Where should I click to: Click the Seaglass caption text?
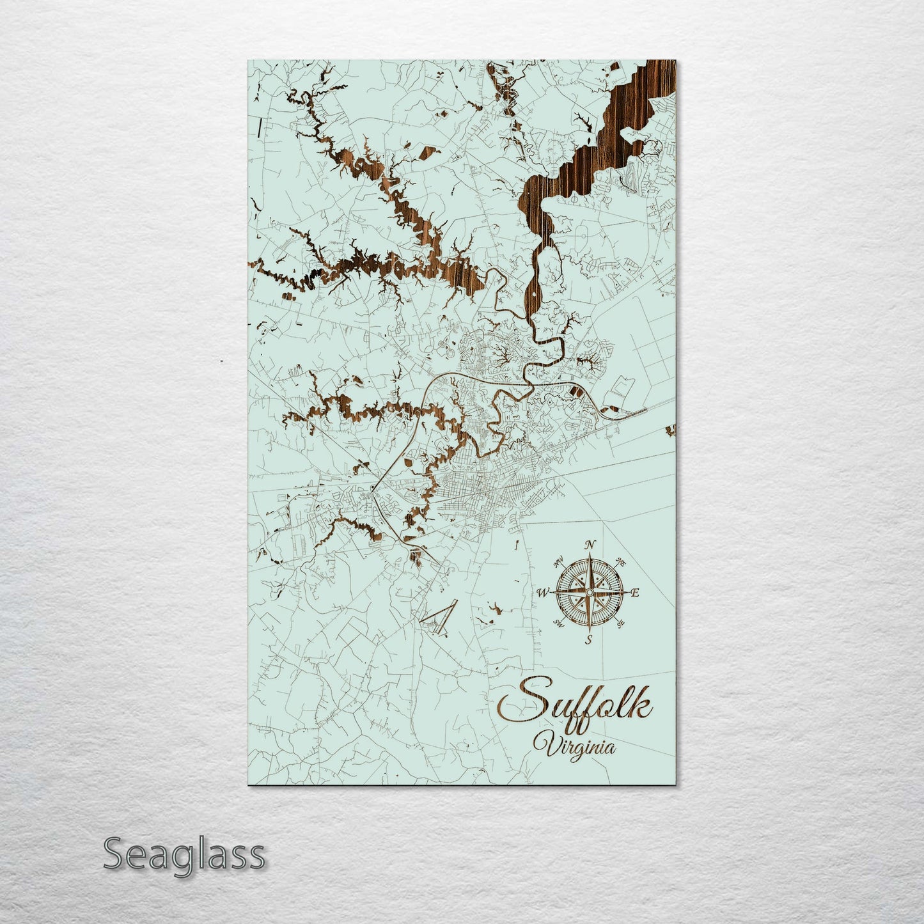(x=184, y=854)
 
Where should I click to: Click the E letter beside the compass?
(x=635, y=593)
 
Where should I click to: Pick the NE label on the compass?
(x=620, y=562)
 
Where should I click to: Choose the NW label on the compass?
(x=558, y=563)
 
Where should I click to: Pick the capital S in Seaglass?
(x=114, y=854)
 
